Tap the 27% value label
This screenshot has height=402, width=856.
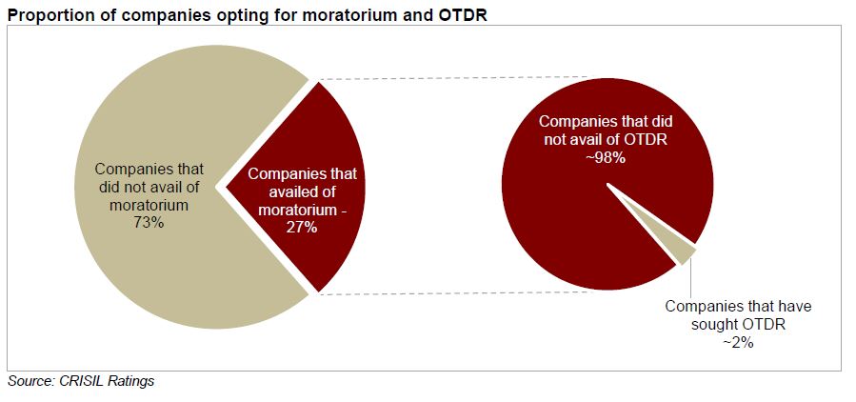(x=302, y=228)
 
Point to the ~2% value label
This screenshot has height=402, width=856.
(x=738, y=343)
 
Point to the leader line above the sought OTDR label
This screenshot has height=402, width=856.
(x=692, y=278)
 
